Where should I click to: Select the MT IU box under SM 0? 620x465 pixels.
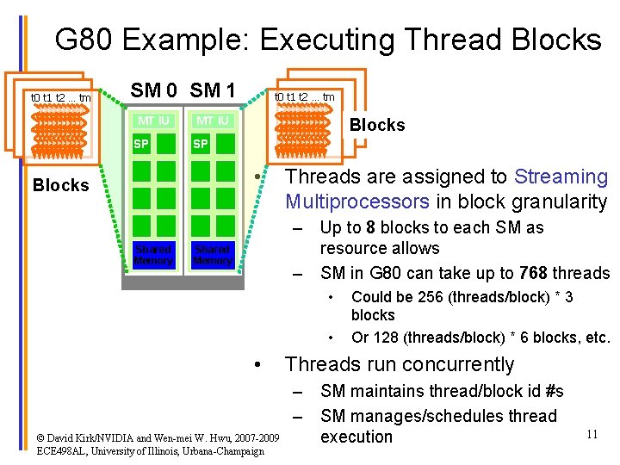coord(153,121)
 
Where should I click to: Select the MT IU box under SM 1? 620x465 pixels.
coord(212,121)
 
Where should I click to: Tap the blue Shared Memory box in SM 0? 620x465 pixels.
coord(153,255)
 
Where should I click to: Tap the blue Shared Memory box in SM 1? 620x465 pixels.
coord(212,255)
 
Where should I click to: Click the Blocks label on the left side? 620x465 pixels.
coord(60,185)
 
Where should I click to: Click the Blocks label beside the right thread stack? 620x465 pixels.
coord(376,125)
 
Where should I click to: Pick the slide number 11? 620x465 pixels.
coord(592,434)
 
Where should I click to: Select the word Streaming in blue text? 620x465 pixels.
coord(561,177)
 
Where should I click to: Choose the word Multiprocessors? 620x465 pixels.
coord(356,202)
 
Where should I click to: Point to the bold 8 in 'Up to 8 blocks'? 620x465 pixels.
coord(369,227)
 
